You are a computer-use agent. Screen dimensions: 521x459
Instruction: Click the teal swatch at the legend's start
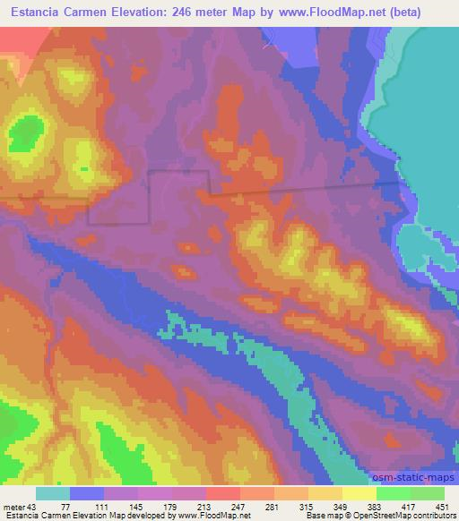pos(53,493)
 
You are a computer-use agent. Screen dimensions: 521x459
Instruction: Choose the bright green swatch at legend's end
pos(428,493)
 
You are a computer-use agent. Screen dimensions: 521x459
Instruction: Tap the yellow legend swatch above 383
pos(359,493)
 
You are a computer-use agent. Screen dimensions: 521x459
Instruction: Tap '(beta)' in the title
pos(427,12)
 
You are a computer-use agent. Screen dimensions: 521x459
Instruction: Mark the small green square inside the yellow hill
pos(84,167)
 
